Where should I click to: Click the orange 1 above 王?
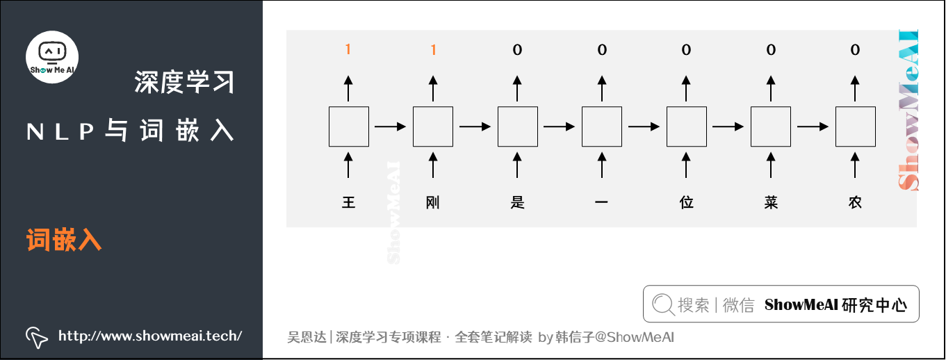point(348,49)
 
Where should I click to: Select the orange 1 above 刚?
point(433,49)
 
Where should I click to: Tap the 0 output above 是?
point(517,49)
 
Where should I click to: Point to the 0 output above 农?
point(855,49)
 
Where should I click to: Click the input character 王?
point(348,203)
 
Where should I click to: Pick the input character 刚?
point(433,203)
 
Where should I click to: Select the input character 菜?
point(770,203)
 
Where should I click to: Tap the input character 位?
point(687,203)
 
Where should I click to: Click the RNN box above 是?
point(517,126)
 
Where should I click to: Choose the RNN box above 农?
point(855,126)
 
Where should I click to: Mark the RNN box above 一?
point(602,126)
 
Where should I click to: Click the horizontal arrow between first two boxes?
point(391,126)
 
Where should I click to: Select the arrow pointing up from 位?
point(687,165)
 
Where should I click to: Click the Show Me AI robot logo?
point(52,56)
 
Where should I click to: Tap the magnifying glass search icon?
point(663,304)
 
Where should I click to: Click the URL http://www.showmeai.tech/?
point(149,336)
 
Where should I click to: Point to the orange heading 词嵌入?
point(64,240)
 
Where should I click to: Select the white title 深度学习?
point(184,83)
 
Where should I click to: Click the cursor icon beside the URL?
point(36,336)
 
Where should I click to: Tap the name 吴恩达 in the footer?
point(307,337)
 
